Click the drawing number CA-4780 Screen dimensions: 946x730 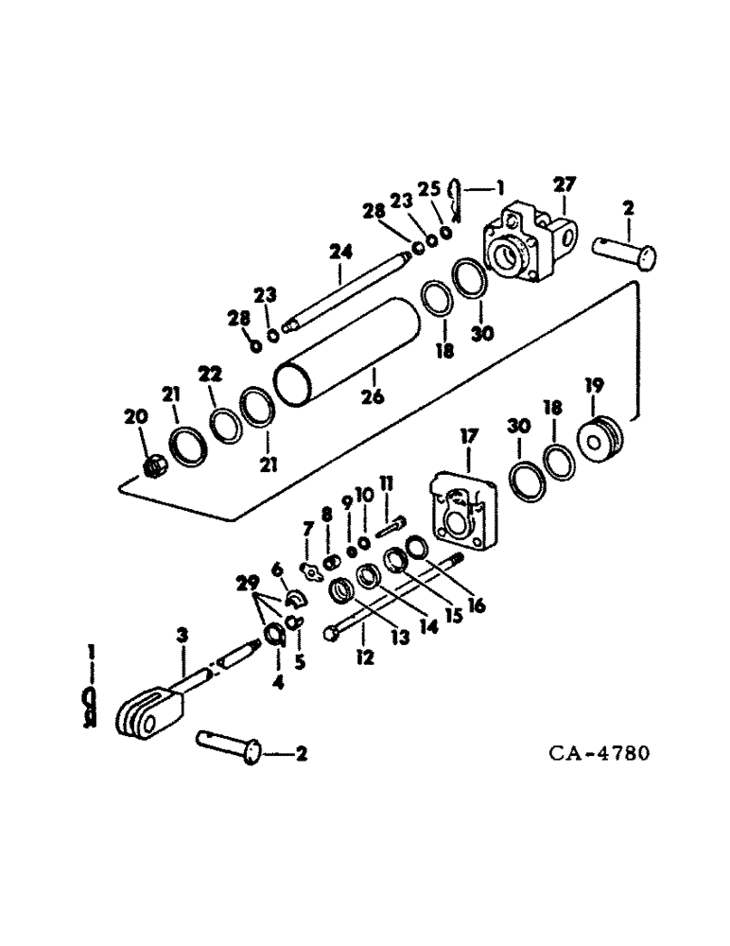coord(600,755)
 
